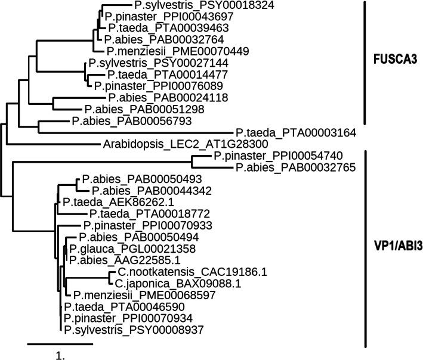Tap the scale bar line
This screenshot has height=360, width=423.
click(60, 344)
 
